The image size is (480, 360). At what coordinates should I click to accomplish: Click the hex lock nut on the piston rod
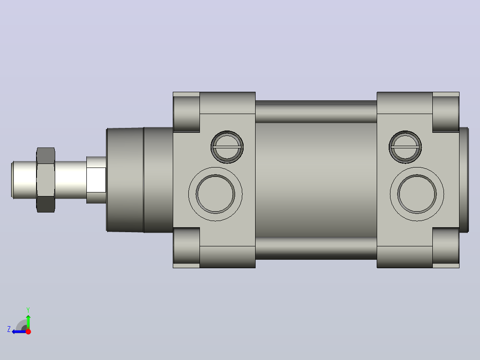tap(45, 180)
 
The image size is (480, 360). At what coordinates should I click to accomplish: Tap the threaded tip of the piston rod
tap(24, 180)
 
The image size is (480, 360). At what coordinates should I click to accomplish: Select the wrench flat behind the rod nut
tap(96, 180)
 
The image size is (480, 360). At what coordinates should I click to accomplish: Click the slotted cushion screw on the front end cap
tap(227, 147)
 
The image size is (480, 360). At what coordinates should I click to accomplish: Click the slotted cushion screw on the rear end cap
tap(405, 147)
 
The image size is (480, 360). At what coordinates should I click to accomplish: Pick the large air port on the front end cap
tap(215, 194)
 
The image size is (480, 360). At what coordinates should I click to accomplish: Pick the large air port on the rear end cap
tap(417, 194)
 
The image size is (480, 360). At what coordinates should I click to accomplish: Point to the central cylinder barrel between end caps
tap(316, 180)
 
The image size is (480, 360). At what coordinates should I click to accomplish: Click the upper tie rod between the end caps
tap(316, 111)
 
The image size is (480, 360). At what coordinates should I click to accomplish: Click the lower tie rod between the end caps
tap(316, 248)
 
